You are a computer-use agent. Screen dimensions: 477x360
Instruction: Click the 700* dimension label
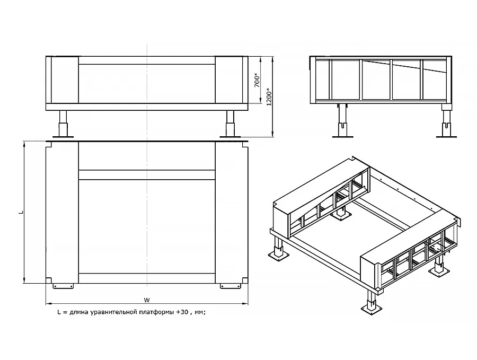click(258, 80)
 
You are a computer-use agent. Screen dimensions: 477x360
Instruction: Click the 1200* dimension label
click(269, 96)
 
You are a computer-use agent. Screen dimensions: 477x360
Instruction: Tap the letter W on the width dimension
click(147, 301)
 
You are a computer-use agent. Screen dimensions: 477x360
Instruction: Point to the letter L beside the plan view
click(21, 212)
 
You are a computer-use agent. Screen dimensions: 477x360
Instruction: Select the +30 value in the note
click(182, 312)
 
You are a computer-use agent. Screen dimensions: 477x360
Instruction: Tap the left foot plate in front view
click(63, 137)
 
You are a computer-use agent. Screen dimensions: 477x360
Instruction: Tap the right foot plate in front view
click(231, 137)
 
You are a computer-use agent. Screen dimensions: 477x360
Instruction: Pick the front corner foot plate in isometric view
click(372, 309)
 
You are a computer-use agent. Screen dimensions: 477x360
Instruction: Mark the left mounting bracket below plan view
click(63, 286)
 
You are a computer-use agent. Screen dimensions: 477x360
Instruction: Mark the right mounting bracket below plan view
click(231, 286)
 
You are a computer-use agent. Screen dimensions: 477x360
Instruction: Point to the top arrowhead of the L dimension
click(24, 144)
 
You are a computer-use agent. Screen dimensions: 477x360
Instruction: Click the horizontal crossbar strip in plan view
click(147, 174)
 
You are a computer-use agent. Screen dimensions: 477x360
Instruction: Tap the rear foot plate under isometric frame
click(340, 215)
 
